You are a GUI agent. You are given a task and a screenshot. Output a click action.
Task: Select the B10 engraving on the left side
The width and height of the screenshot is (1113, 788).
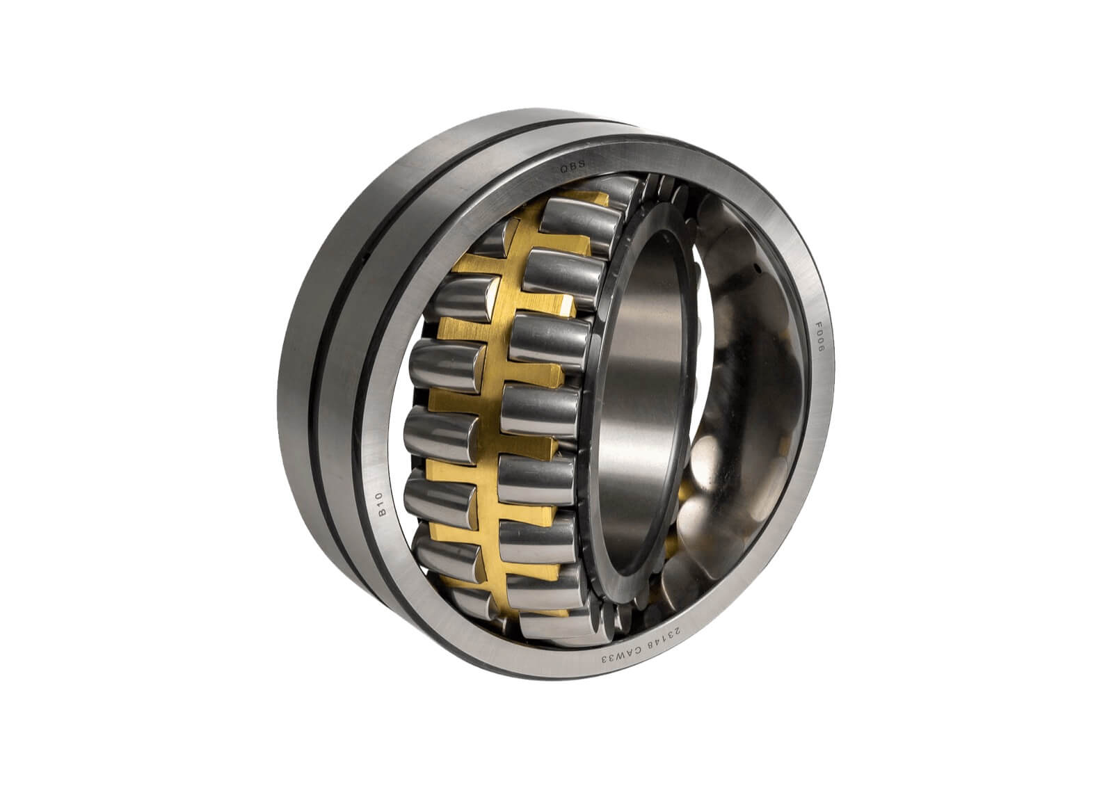380,504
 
